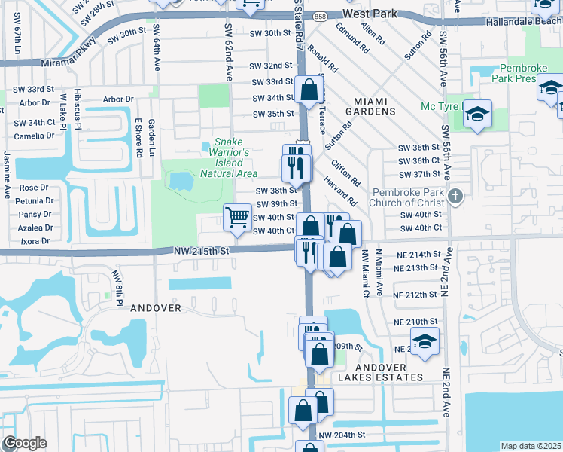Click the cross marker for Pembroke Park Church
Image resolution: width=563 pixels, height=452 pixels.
point(454,197)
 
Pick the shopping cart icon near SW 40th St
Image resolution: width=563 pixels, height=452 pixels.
point(237,217)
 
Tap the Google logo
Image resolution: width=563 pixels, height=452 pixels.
point(25,443)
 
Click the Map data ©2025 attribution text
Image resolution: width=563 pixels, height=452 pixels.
point(531,446)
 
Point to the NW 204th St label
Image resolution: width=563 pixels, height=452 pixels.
point(341,435)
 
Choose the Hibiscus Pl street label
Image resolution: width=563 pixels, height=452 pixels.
point(78,108)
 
